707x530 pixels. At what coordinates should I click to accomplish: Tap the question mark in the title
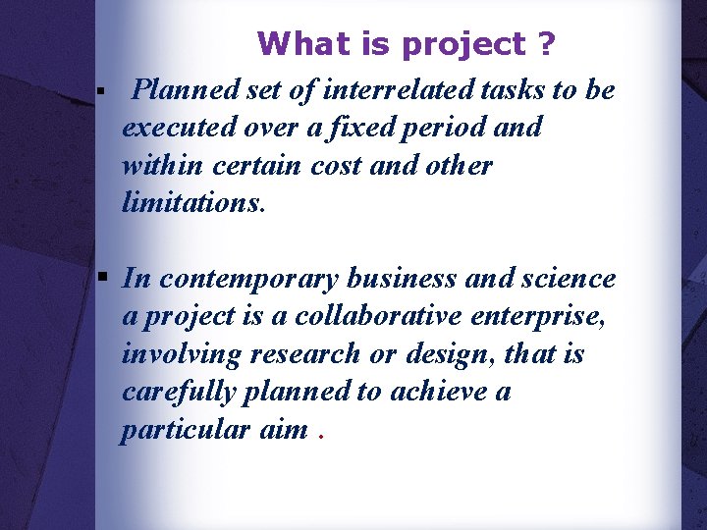point(546,44)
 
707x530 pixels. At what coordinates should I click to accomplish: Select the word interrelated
point(408,90)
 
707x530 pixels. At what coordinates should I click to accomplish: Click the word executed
point(170,129)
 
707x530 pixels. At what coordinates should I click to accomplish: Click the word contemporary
point(248,279)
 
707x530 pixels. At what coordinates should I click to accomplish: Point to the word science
point(571,279)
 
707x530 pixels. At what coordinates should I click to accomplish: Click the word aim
point(284,429)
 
